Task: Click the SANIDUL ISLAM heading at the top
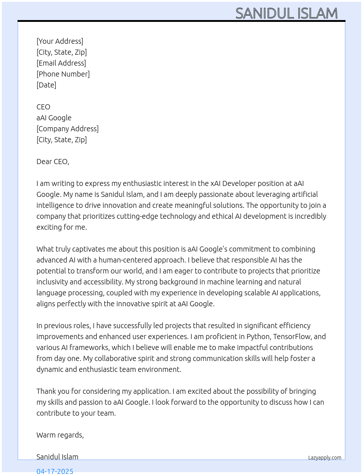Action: tap(286, 13)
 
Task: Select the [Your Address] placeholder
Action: tap(60, 41)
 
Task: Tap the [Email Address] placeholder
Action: tap(61, 63)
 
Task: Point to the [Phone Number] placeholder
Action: tap(63, 74)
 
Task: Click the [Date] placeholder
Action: tap(46, 85)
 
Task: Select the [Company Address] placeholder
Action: tap(67, 129)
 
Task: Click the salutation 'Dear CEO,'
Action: tap(53, 162)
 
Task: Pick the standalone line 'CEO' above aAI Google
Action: tap(43, 107)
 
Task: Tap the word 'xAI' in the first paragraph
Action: tap(215, 183)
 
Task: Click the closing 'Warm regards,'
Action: tap(60, 435)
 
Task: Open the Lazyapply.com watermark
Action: tap(325, 458)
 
